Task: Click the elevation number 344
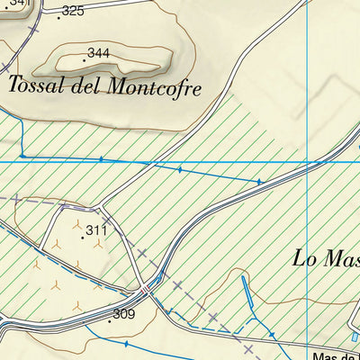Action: [x=99, y=54]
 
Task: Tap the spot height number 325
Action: [x=73, y=11]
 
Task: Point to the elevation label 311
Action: [x=97, y=231]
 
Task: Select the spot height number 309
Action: [x=123, y=314]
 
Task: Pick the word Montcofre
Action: [x=154, y=86]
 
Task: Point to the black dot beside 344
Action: [x=85, y=59]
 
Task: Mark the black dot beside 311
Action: [x=83, y=237]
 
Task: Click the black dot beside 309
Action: [x=110, y=319]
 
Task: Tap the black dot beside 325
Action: [x=58, y=16]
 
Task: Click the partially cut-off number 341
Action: [x=20, y=4]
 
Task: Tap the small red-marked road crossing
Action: [x=146, y=288]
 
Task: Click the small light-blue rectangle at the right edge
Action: [x=355, y=337]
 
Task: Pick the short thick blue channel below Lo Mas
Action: [x=248, y=296]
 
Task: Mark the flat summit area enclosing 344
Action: [x=112, y=61]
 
